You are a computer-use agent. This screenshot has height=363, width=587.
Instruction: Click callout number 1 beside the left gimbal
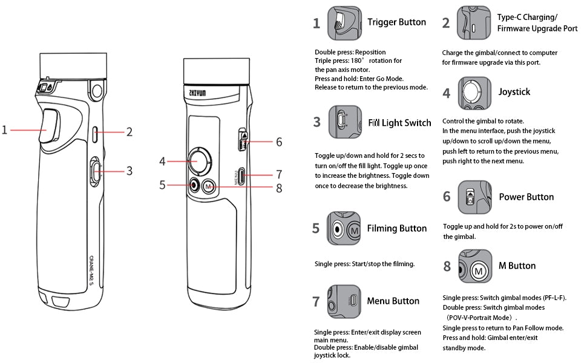[x=5, y=129]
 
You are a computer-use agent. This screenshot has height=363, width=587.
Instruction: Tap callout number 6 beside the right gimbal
[x=279, y=142]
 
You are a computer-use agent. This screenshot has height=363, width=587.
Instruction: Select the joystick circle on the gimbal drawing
[x=198, y=161]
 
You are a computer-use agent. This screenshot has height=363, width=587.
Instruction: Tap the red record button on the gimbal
[x=194, y=186]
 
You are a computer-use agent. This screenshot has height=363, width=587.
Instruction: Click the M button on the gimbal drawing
[x=209, y=186]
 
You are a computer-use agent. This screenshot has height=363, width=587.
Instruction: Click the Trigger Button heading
[x=396, y=22]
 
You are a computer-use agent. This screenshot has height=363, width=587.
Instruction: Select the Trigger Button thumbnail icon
[x=344, y=23]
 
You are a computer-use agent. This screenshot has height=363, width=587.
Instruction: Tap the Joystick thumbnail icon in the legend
[x=475, y=93]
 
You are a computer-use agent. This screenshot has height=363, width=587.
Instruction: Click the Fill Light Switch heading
[x=400, y=123]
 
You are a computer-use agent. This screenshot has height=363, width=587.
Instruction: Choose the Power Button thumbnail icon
[x=475, y=197]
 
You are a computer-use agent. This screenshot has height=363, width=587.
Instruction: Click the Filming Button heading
[x=396, y=228]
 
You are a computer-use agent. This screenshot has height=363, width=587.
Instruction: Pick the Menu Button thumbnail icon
[x=344, y=301]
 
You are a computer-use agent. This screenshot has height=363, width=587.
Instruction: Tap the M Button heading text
[x=517, y=266]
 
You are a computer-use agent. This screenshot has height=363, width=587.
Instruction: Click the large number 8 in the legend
[x=447, y=266]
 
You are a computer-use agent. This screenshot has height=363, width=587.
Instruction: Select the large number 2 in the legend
[x=446, y=23]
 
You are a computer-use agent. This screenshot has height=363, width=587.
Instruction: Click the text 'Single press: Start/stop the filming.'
[x=364, y=264]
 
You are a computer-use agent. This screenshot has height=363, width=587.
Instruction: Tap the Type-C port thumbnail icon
[x=474, y=23]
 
